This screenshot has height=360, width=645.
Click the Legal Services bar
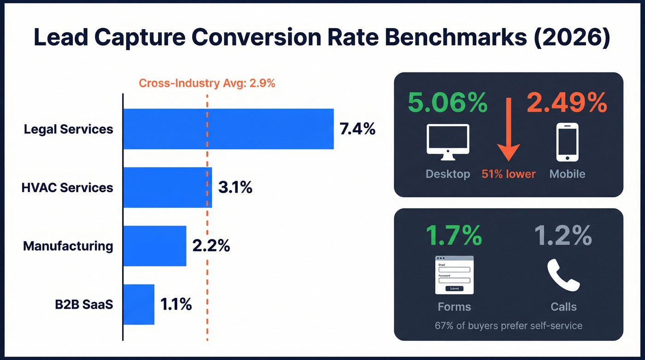(x=228, y=129)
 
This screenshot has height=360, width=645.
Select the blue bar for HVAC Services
(x=167, y=188)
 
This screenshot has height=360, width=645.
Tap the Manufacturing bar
(x=154, y=246)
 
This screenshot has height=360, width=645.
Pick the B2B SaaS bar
(x=138, y=304)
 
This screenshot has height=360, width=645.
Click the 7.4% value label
(x=358, y=129)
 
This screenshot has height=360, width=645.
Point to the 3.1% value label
(x=235, y=188)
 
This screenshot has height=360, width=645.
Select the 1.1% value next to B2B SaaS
(x=176, y=304)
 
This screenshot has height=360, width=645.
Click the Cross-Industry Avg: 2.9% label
(x=207, y=83)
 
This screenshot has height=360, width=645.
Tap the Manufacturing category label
(x=68, y=246)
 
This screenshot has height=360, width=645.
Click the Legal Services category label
(x=69, y=129)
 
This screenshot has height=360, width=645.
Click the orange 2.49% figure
(x=567, y=102)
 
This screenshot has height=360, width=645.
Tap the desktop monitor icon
(x=448, y=142)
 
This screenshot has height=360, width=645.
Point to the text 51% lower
(x=509, y=174)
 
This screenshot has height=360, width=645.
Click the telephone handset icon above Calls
(x=563, y=276)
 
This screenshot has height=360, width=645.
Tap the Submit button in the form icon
(x=454, y=288)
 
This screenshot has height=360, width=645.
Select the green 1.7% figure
(x=454, y=236)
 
